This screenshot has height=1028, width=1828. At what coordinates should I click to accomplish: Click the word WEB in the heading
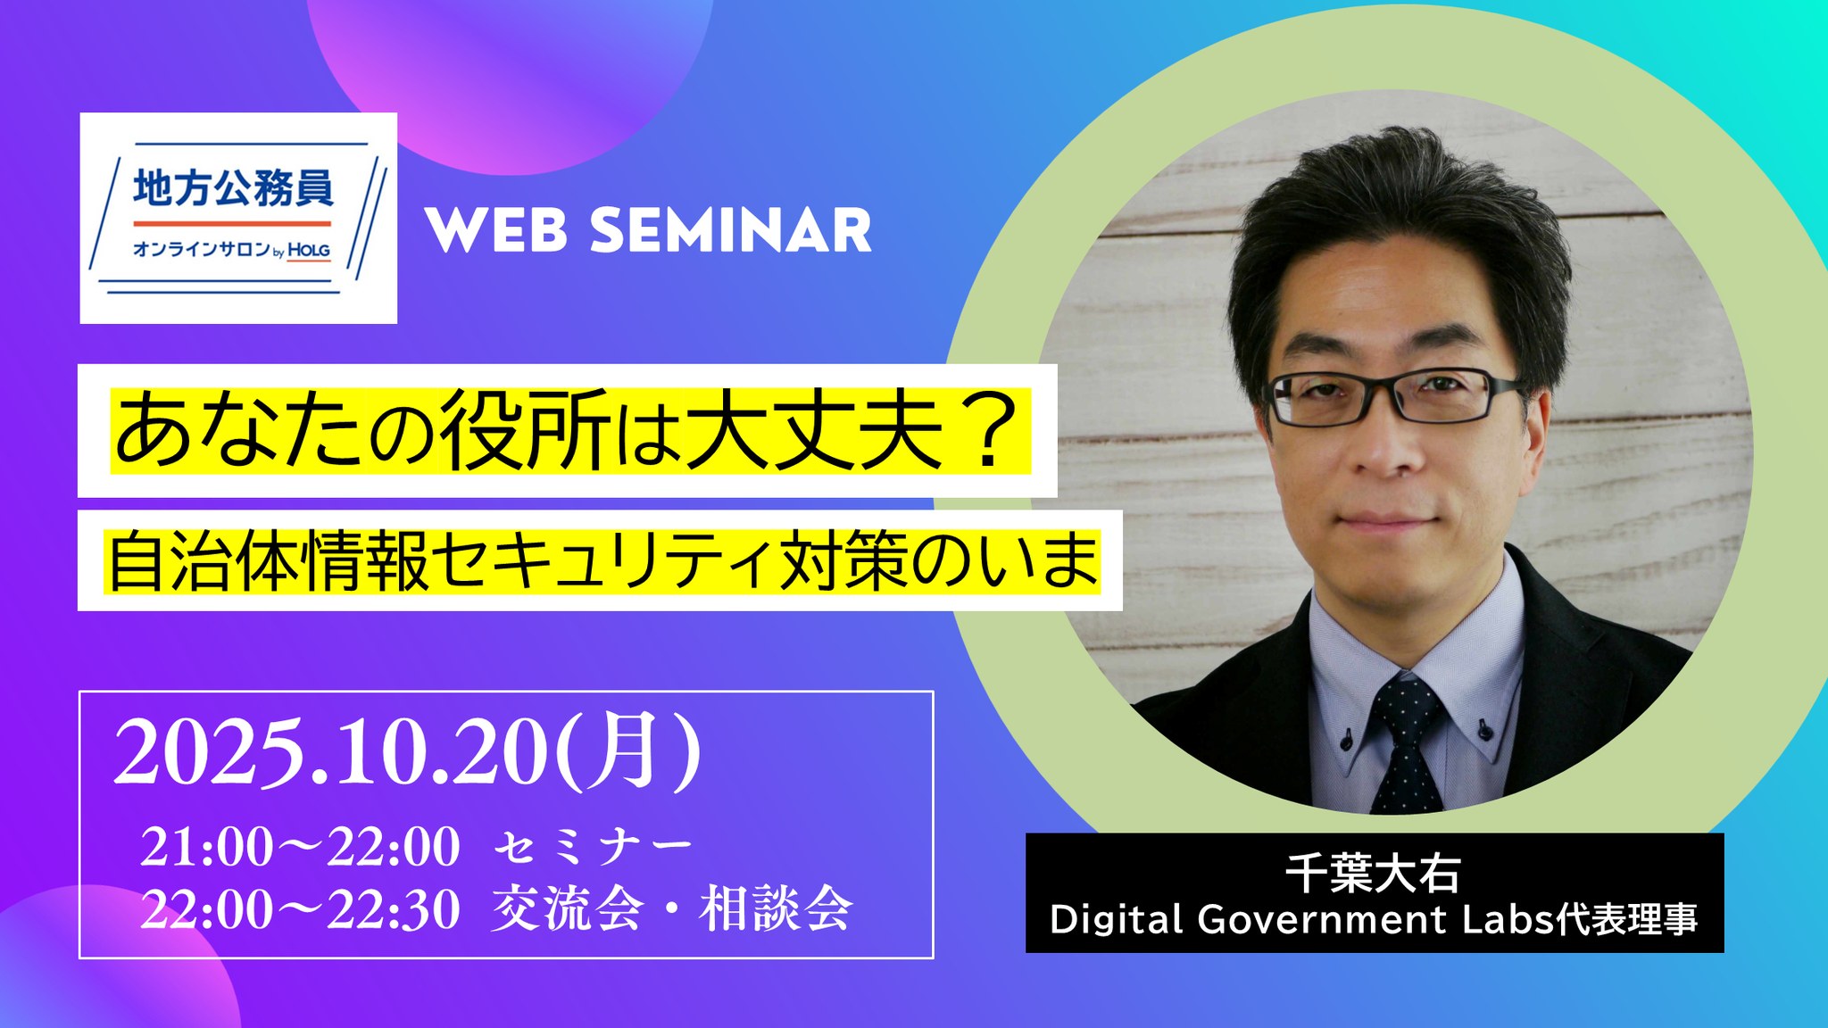496,230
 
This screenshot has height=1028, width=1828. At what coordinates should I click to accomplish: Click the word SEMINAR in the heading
731,230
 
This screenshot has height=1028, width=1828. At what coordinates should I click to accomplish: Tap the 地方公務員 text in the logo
233,187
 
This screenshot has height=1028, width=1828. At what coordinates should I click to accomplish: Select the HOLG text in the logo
309,251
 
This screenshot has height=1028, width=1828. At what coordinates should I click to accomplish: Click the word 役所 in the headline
528,431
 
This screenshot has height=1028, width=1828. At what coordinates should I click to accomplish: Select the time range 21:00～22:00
301,847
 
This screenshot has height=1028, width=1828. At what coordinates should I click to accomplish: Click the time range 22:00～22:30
301,909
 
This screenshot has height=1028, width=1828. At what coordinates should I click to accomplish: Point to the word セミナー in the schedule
593,847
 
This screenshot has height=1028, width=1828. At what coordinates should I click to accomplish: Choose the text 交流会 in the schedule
569,909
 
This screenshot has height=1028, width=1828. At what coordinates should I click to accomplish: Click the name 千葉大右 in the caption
1374,874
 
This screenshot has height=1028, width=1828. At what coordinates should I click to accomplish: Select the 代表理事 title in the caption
1626,920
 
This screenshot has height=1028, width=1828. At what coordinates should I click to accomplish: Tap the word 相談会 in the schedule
777,909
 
